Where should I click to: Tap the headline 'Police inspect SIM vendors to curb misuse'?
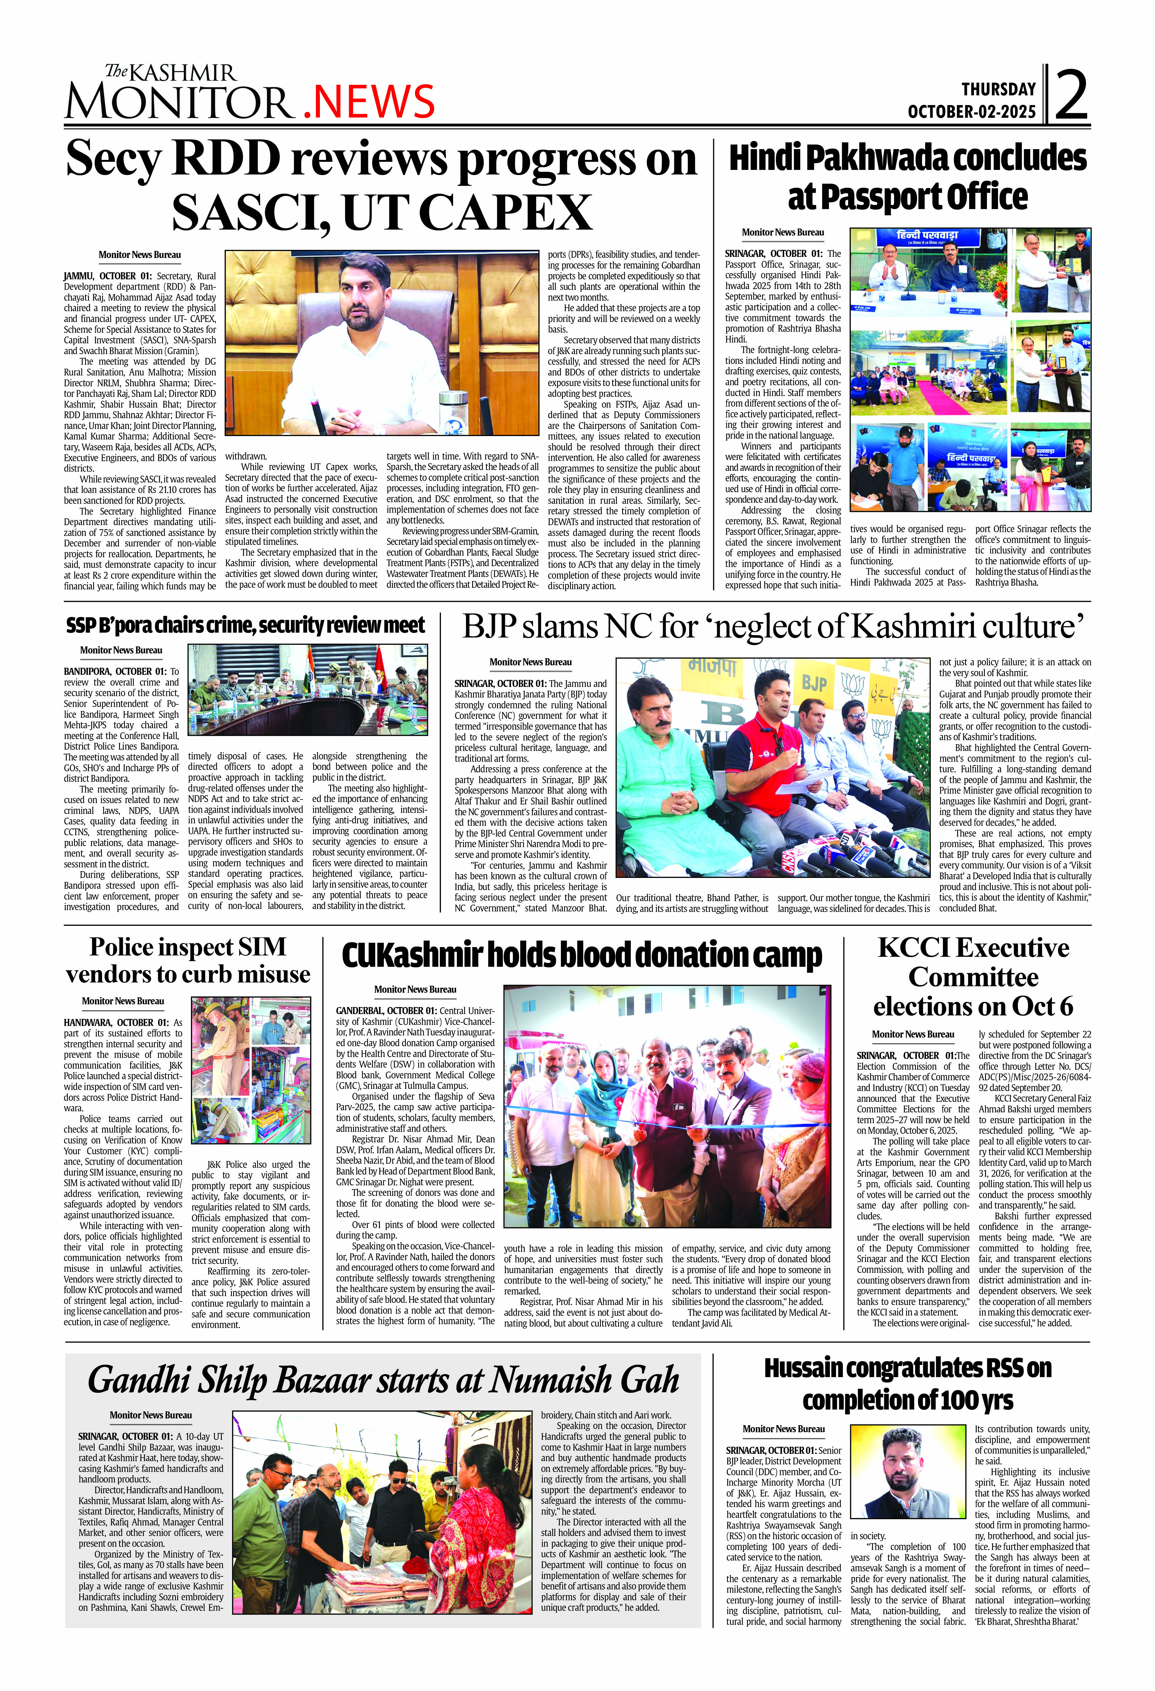pyautogui.click(x=188, y=961)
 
